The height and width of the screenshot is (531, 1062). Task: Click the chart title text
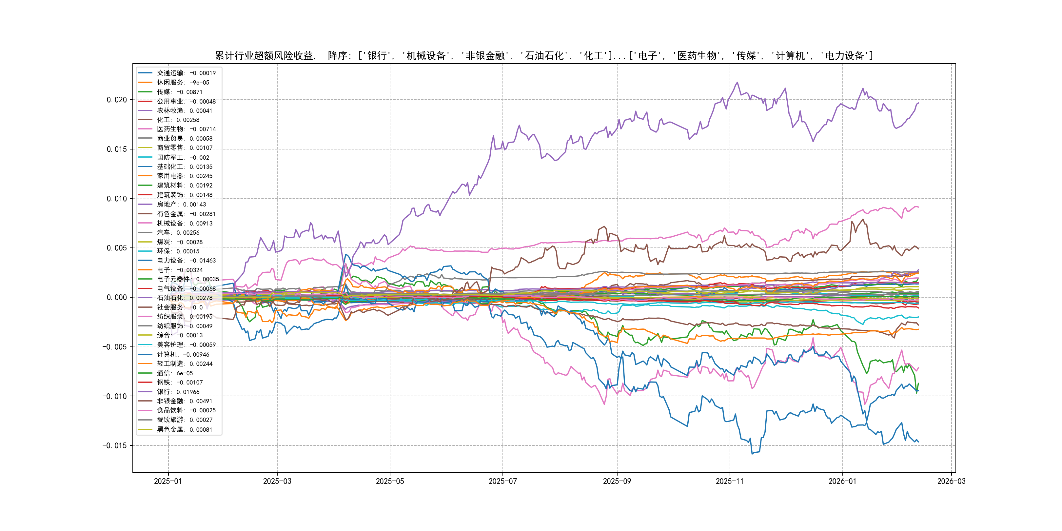(544, 56)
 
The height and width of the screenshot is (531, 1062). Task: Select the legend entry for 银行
(178, 392)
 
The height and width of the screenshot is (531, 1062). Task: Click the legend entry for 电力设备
(186, 261)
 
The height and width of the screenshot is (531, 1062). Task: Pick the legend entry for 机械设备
(184, 223)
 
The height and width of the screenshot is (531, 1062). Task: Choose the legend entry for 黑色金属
(184, 429)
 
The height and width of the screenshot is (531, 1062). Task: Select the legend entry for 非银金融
(184, 401)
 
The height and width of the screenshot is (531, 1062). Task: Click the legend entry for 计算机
(183, 354)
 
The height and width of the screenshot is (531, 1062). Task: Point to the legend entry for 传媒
(179, 92)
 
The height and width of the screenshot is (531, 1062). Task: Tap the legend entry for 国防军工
(183, 157)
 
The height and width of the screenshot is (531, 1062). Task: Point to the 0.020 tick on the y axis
(117, 100)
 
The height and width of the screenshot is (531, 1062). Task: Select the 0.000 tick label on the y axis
(117, 297)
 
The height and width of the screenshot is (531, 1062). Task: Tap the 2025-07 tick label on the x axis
(502, 481)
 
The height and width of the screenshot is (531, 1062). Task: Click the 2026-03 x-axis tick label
(951, 481)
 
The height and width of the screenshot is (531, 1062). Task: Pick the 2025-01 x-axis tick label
(168, 481)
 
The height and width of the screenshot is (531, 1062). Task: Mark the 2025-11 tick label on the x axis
(730, 481)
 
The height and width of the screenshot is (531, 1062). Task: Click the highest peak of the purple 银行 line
(737, 83)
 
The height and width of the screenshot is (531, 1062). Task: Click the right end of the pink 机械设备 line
(918, 207)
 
